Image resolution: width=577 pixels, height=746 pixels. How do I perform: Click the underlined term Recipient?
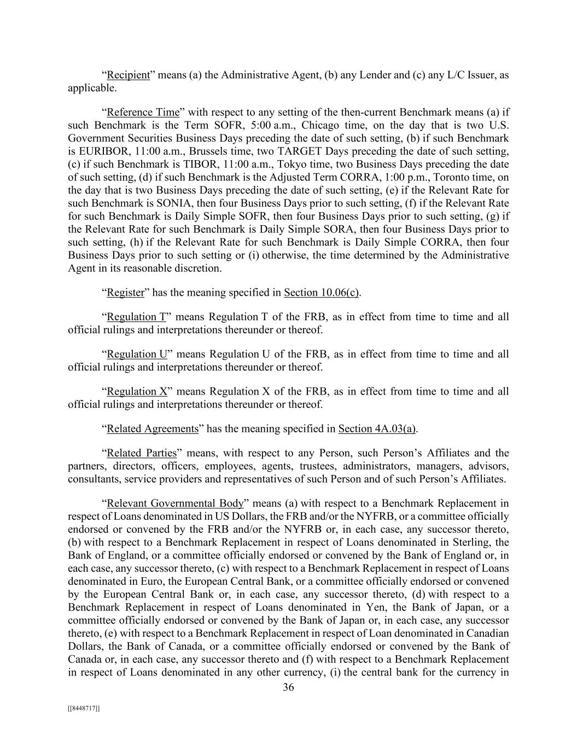pyautogui.click(x=128, y=75)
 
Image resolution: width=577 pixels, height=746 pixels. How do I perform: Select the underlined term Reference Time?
pyautogui.click(x=143, y=112)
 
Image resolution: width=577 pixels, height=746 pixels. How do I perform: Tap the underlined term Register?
pyautogui.click(x=125, y=292)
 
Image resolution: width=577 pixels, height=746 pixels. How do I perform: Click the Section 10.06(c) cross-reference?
pyautogui.click(x=321, y=292)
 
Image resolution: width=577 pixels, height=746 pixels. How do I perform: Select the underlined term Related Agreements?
pyautogui.click(x=152, y=428)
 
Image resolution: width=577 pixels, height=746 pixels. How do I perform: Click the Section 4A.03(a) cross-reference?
pyautogui.click(x=377, y=428)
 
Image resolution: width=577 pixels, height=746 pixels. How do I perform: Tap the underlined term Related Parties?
pyautogui.click(x=142, y=453)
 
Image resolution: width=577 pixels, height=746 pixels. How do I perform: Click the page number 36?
pyautogui.click(x=288, y=688)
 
